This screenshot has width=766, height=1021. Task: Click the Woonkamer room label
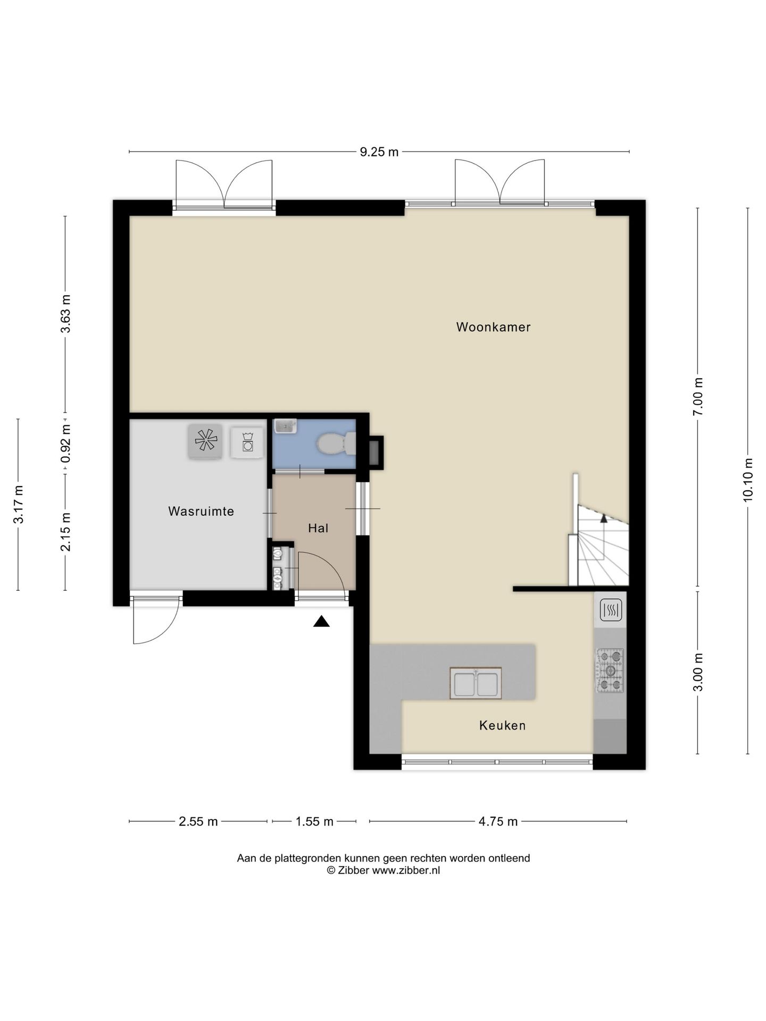[x=493, y=327]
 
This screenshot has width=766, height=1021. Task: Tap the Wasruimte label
[x=201, y=511]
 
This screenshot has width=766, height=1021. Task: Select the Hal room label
[x=318, y=528]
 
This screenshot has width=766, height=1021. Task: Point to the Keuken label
[x=502, y=725]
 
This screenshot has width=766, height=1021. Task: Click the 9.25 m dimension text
[x=379, y=152]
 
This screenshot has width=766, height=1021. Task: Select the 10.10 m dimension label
[x=748, y=480]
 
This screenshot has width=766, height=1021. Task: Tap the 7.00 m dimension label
[x=698, y=397]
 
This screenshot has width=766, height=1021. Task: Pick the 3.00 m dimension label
[x=698, y=672]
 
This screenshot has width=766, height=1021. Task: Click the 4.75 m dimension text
[x=498, y=822]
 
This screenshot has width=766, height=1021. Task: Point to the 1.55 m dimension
[x=314, y=822]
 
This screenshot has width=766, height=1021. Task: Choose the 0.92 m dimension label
[x=65, y=443]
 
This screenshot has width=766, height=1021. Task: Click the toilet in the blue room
[x=337, y=444]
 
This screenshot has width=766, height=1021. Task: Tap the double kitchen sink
[x=476, y=683]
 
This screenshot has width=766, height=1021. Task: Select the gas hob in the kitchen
[x=610, y=671]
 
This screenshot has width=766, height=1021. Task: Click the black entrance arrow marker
[x=321, y=621]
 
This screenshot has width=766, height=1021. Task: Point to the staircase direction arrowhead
[x=604, y=518]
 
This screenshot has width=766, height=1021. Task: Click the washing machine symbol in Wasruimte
[x=247, y=442]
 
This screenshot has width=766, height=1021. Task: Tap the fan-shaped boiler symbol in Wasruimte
[x=205, y=441]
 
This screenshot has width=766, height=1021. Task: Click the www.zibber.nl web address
[x=406, y=871]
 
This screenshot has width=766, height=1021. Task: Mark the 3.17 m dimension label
[x=19, y=505]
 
